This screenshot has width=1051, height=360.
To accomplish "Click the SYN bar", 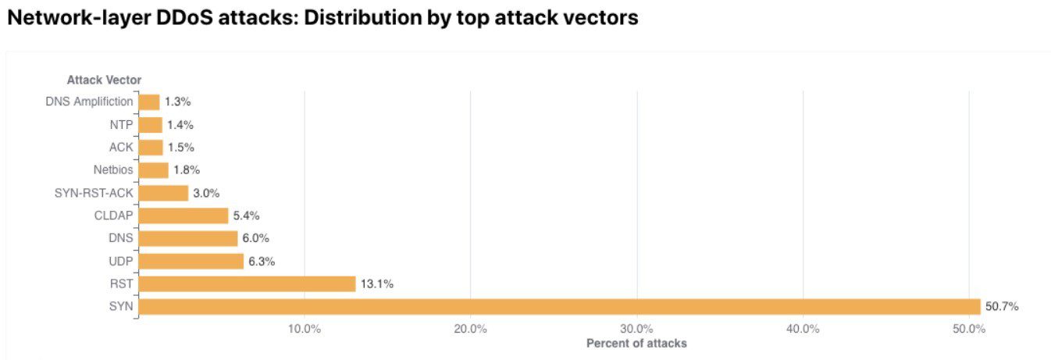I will click(x=559, y=307).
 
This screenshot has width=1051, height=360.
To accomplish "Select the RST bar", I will click(x=247, y=284).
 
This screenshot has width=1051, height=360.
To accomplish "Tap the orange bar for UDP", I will click(x=191, y=262).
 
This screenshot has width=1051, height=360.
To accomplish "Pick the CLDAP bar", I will click(x=183, y=216).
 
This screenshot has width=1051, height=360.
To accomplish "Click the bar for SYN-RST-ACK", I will click(x=163, y=193).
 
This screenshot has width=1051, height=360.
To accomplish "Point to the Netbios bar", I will click(x=153, y=170).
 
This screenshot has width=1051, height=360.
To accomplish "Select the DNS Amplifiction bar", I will click(x=149, y=102).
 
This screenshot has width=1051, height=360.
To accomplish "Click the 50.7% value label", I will click(x=1002, y=307).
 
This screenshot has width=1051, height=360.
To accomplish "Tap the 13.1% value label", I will click(x=377, y=284).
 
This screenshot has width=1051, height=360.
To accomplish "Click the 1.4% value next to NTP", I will click(x=180, y=125).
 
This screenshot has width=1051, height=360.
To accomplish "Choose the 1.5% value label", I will click(x=180, y=148).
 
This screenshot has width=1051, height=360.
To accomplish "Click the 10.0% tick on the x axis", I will click(x=305, y=329).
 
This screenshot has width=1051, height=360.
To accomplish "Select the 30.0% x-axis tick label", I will click(x=636, y=329).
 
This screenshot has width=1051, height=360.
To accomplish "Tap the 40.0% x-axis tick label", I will click(x=803, y=329).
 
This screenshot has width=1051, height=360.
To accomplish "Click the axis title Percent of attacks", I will click(x=636, y=344).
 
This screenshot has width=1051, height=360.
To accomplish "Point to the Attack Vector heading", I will click(x=104, y=80).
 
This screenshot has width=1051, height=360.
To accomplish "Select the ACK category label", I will click(x=121, y=148).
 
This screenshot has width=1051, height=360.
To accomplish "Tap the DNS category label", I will click(x=121, y=238).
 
